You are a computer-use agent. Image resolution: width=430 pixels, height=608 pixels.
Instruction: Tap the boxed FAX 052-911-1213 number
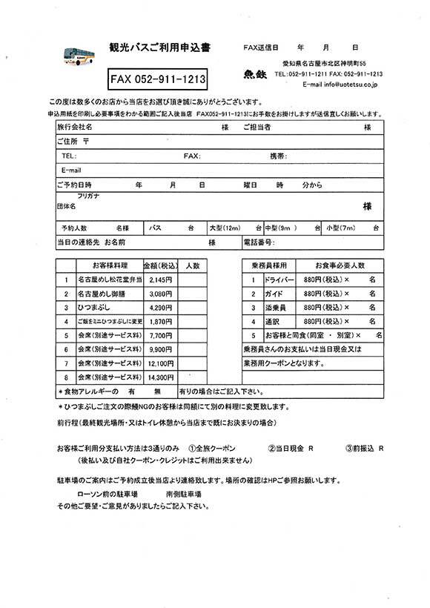pyautogui.click(x=157, y=77)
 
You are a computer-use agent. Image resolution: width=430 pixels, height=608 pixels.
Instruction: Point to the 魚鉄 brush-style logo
pyautogui.click(x=254, y=74)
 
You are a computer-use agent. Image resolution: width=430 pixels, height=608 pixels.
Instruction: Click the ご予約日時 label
pyautogui.click(x=74, y=184)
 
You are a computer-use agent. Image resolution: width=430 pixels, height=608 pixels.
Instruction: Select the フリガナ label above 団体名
pyautogui.click(x=88, y=196)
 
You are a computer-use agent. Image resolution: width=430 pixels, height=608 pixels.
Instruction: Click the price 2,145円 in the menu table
pyautogui.click(x=160, y=281)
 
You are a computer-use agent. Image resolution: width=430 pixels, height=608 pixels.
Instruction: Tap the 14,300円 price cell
pyautogui.click(x=160, y=377)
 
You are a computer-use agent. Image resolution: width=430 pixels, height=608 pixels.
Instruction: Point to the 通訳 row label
pyautogui.click(x=271, y=322)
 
